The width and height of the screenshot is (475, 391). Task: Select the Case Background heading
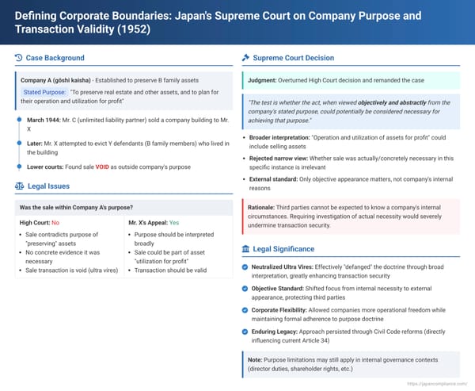tap(55, 58)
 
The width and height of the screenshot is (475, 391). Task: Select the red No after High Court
tap(55, 224)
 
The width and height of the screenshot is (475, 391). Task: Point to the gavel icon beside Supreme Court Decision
tap(246, 58)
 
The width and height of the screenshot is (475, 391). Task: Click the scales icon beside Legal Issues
tap(19, 186)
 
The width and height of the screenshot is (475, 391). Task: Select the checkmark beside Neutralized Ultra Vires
tap(246, 267)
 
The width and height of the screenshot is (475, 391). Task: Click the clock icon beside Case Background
tap(19, 58)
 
